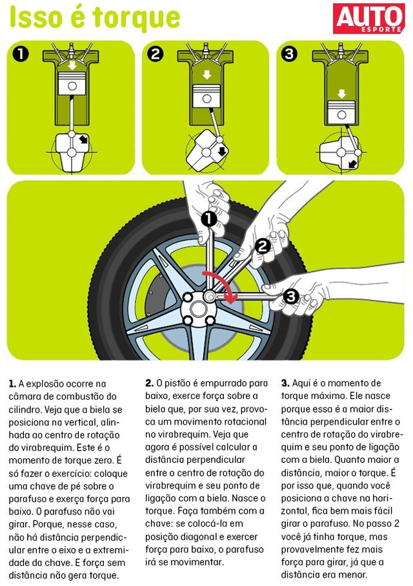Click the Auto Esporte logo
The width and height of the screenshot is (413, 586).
[368, 17]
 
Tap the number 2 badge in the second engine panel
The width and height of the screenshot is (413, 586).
[156, 54]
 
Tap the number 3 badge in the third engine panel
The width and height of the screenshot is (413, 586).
[290, 54]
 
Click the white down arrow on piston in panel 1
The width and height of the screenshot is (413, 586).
[72, 65]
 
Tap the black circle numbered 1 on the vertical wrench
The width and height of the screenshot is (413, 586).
[208, 219]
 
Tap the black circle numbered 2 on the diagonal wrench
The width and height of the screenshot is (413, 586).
[262, 246]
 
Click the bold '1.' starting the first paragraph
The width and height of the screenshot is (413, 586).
[12, 384]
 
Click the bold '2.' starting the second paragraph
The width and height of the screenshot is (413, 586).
[149, 384]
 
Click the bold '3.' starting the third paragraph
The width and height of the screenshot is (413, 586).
[285, 384]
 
